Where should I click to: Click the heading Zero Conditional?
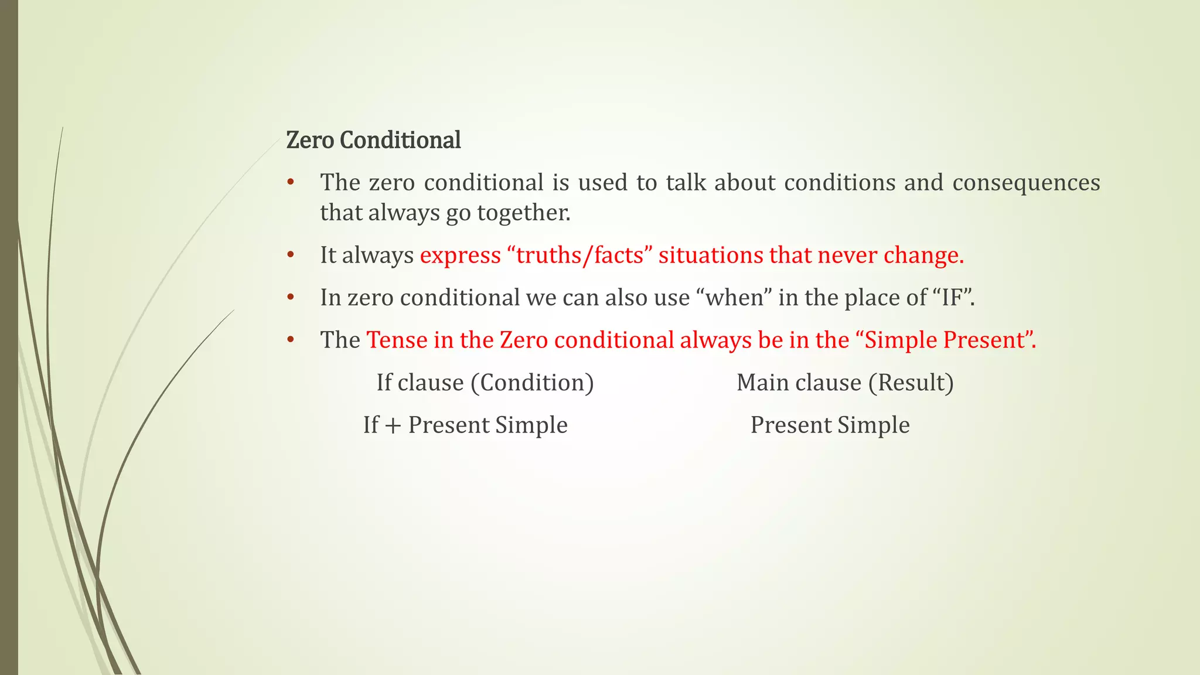(373, 141)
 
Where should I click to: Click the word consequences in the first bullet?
(1026, 183)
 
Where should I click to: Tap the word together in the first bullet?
(523, 213)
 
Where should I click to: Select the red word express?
(461, 255)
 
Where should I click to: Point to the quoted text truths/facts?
(580, 255)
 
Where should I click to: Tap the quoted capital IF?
(952, 298)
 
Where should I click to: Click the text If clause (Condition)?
(485, 383)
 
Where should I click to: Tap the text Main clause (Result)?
(845, 383)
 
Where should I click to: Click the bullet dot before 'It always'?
(290, 255)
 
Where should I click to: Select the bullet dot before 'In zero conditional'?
(290, 298)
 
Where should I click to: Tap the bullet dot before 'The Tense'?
(290, 340)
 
